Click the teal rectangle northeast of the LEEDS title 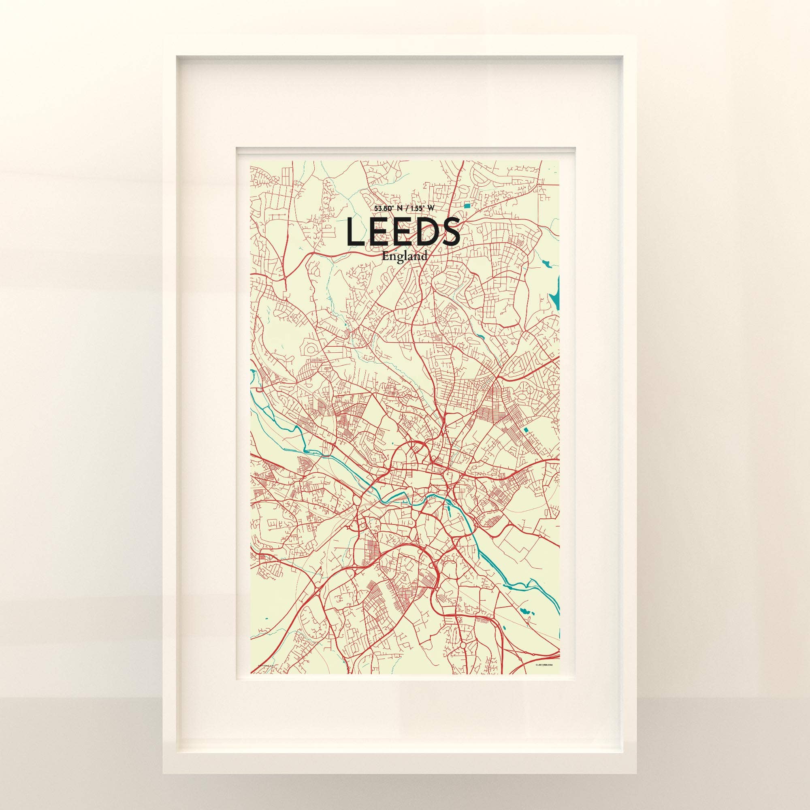pyautogui.click(x=467, y=205)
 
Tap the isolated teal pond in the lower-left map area pyautogui.click(x=265, y=618)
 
